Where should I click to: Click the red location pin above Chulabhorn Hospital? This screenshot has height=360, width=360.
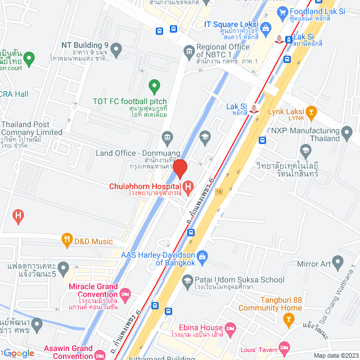[180, 169]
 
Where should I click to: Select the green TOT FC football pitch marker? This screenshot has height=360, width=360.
[154, 86]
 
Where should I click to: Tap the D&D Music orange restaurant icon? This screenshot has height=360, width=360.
[67, 241]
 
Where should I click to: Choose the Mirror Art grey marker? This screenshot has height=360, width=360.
[337, 262]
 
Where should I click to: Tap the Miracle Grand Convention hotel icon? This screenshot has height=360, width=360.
[125, 294]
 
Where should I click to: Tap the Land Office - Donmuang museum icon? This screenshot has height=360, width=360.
[166, 137]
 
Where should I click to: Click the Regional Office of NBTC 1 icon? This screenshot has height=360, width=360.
[189, 52]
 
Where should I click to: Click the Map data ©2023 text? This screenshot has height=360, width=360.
[335, 355]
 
